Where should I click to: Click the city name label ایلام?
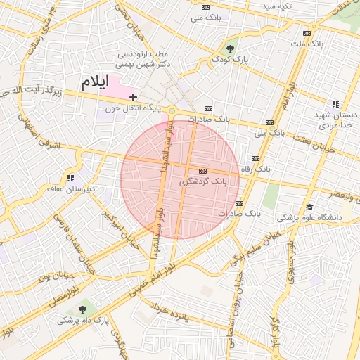[95, 82]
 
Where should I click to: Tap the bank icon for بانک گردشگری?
[202, 171]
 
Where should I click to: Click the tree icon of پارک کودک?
[231, 48]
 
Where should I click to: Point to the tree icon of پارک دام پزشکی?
[84, 309]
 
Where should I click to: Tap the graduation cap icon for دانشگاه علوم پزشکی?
[309, 207]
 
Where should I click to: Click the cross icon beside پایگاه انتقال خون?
[133, 96]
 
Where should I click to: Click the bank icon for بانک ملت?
[306, 33]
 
